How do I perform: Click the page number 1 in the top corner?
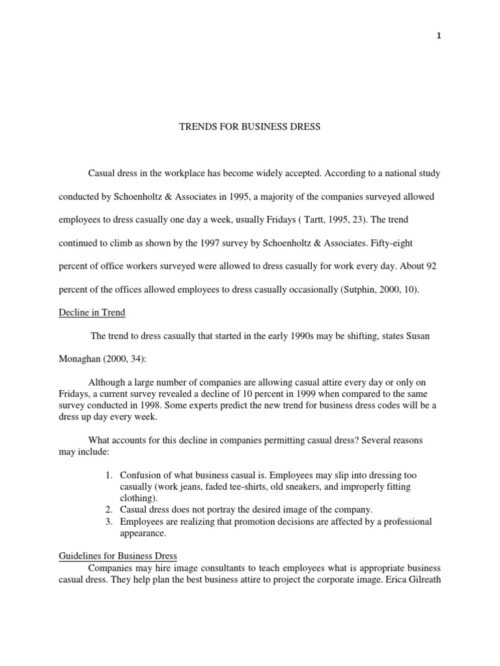click(439, 36)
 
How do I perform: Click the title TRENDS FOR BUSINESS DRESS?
click(250, 127)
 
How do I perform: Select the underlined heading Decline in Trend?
click(92, 313)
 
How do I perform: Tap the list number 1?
click(109, 475)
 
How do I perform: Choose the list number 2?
click(109, 509)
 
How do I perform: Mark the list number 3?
click(109, 522)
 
